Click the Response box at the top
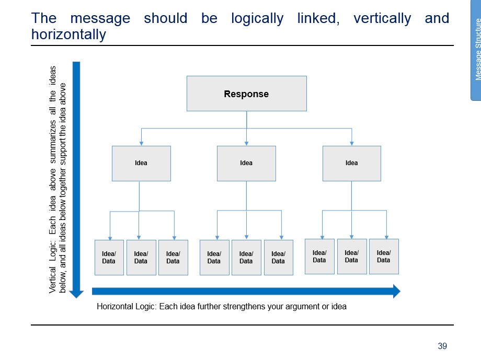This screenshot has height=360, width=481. point(247,94)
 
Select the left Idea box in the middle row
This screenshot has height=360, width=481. point(141,164)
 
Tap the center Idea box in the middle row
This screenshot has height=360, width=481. point(246,164)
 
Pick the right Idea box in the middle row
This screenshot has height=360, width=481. point(351,164)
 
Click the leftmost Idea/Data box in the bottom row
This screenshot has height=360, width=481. point(109,258)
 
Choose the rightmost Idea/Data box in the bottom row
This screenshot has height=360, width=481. point(384,257)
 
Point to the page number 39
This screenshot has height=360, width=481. point(442,346)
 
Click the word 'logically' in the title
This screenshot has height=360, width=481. point(257,18)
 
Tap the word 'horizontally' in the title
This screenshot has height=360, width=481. point(68,34)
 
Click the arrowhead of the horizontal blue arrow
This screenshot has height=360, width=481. point(397,291)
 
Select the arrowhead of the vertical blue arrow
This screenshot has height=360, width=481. point(76,294)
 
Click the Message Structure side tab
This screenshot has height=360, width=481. point(476,50)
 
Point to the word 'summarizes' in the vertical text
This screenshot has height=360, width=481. point(52,142)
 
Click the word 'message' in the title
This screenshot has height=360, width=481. point(100,18)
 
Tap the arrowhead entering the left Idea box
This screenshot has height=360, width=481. point(141,143)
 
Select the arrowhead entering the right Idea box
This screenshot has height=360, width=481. point(352,143)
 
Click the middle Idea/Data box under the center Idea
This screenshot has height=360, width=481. point(246,258)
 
